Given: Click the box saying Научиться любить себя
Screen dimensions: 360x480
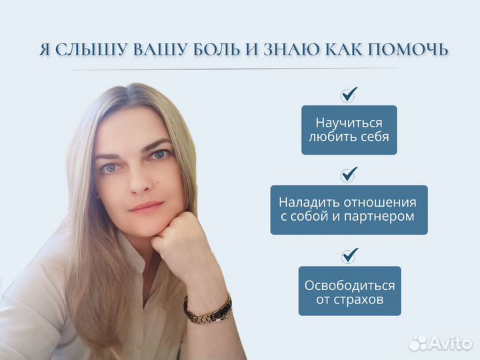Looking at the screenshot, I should coord(349,130).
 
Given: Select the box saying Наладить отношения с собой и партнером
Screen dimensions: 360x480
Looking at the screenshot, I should coord(349,209).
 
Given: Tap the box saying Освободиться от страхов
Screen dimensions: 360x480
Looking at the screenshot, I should coord(349,291).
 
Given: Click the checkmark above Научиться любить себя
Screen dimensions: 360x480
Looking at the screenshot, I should coord(349,94).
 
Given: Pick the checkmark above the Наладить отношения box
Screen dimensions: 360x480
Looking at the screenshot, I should coord(349,175).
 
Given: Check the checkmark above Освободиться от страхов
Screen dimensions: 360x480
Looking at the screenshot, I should coord(349,255).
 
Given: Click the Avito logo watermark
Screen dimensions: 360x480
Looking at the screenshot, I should coord(441,342).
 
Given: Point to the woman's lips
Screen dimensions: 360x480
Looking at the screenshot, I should coord(147,207).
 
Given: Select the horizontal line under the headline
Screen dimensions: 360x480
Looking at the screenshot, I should coord(233,69).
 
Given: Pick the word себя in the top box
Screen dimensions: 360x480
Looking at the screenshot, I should coord(372,137).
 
